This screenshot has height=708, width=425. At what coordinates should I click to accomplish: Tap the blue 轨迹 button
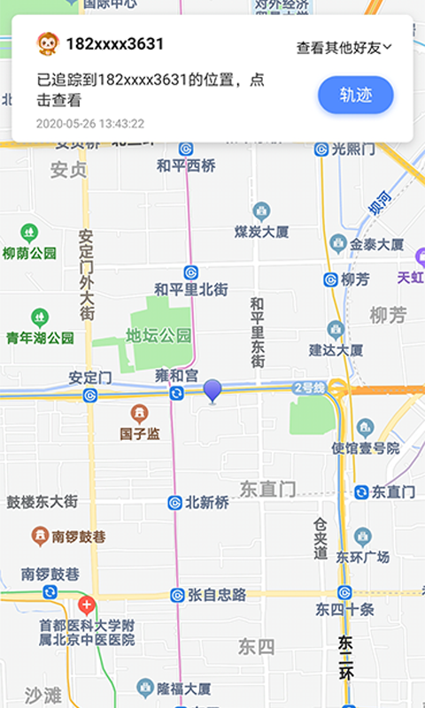tap(355, 96)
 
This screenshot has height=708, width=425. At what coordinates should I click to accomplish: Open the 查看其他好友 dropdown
tap(344, 48)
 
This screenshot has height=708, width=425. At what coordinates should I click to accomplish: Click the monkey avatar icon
tap(47, 42)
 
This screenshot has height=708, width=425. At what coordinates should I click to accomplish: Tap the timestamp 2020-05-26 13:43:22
tap(90, 124)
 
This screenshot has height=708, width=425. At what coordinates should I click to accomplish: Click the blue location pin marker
tap(212, 390)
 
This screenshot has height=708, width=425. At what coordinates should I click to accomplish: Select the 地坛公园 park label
tap(158, 335)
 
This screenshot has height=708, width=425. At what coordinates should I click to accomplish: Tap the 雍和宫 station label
tap(176, 375)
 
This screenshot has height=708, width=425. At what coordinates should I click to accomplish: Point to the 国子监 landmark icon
tap(140, 413)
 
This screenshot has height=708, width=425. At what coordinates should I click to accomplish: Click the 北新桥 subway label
tap(206, 503)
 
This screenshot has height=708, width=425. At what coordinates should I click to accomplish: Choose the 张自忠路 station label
tap(217, 594)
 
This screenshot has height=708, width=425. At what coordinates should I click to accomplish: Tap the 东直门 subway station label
tap(393, 492)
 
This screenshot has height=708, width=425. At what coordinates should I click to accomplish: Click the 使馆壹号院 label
tap(366, 449)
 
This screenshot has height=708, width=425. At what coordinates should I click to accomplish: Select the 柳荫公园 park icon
tap(29, 233)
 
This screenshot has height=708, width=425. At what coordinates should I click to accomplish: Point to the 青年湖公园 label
tap(40, 337)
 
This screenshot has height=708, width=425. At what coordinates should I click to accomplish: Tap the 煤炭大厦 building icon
tap(261, 211)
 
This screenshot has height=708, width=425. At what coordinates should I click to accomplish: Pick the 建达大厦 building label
tap(336, 350)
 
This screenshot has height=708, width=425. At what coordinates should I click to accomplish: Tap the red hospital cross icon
tap(87, 607)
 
